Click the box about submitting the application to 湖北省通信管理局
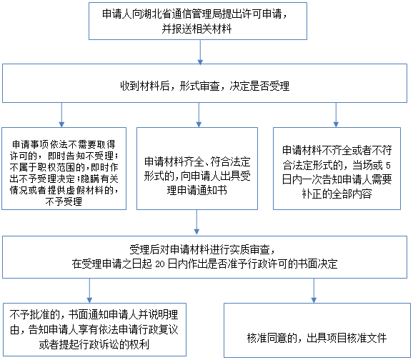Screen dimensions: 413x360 [x=198, y=21]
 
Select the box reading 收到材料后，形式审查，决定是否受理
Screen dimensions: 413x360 [x=204, y=84]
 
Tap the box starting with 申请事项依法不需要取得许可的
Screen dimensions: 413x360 [x=64, y=169]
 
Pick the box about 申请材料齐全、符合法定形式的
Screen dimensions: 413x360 [x=197, y=169]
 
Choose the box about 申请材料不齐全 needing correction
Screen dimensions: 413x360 [x=337, y=169]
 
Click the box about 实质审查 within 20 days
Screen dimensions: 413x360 [x=204, y=257]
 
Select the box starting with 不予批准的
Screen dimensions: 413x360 [x=94, y=330]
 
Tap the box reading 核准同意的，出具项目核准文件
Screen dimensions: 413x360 [x=317, y=330]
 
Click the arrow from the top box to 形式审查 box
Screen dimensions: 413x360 [x=200, y=52]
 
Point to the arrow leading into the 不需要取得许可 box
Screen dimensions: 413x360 [x=61, y=115]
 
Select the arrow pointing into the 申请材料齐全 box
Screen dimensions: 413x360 [x=199, y=115]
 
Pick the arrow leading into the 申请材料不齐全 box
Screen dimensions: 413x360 [x=336, y=115]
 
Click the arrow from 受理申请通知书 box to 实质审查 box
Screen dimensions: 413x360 [x=196, y=222]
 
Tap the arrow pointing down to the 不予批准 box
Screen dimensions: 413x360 [x=89, y=291]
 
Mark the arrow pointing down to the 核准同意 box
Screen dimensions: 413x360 [x=314, y=291]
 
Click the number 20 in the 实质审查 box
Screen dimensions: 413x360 [x=160, y=264]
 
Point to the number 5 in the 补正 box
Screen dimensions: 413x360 [x=388, y=166]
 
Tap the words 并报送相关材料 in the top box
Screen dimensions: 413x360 [x=196, y=29]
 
